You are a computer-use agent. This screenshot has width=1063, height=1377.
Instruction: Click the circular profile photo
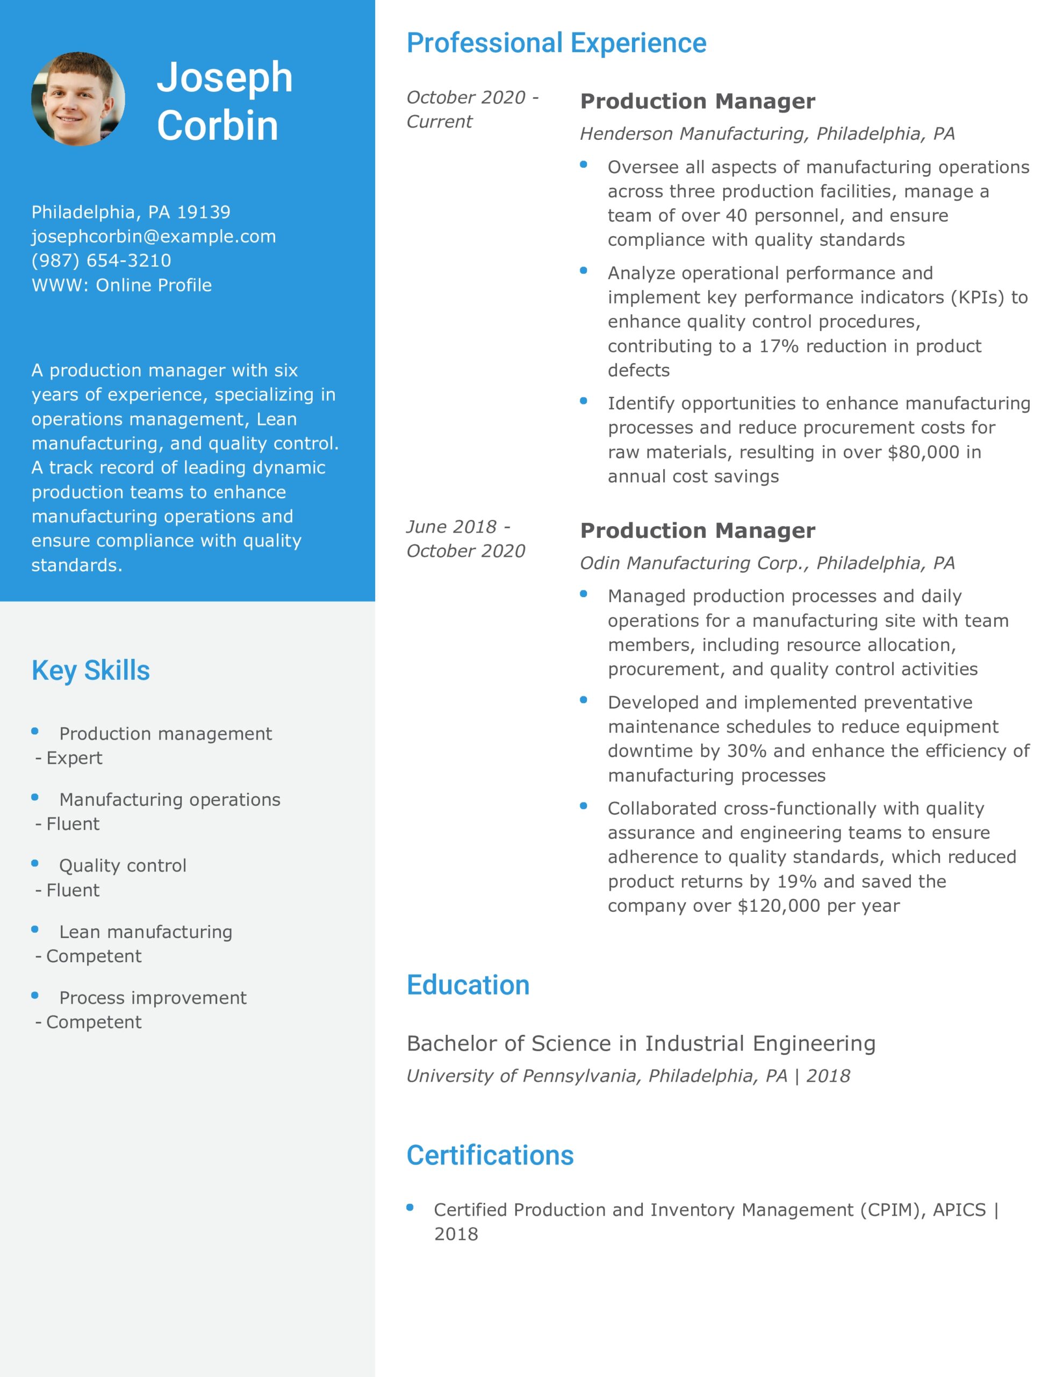click(78, 99)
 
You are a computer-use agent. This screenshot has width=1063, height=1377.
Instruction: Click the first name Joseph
click(224, 77)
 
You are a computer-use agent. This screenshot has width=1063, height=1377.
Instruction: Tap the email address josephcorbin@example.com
click(154, 237)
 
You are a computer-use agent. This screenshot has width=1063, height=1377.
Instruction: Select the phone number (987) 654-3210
click(102, 260)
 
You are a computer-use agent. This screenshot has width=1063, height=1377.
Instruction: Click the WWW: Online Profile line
click(121, 285)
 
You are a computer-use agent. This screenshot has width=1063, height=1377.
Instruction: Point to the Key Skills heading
click(91, 670)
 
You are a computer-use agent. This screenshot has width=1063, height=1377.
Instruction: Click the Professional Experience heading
click(556, 43)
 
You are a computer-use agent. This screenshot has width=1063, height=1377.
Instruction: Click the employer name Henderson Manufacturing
click(693, 133)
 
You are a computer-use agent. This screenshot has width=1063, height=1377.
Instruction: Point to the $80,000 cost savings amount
click(923, 452)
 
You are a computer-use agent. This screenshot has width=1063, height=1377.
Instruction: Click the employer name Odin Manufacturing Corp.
click(694, 563)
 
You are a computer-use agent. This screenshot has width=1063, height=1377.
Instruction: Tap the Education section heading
click(468, 985)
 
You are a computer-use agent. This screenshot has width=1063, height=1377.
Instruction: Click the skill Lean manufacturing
click(146, 932)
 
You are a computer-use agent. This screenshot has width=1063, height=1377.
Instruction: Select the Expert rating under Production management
click(74, 758)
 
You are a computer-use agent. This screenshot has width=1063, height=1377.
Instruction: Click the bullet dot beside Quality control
click(35, 863)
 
